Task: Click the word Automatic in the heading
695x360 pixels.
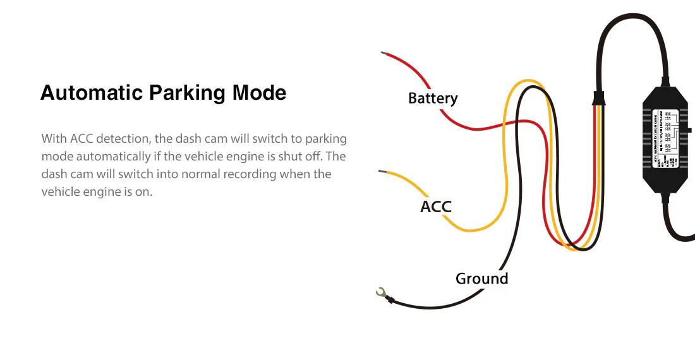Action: [92, 93]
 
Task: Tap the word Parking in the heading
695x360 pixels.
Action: [187, 93]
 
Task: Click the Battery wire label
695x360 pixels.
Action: [433, 99]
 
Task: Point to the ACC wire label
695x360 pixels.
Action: [436, 207]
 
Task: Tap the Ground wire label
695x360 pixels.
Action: [481, 279]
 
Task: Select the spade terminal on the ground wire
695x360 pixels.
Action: [381, 292]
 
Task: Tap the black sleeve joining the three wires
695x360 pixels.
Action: [597, 99]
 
